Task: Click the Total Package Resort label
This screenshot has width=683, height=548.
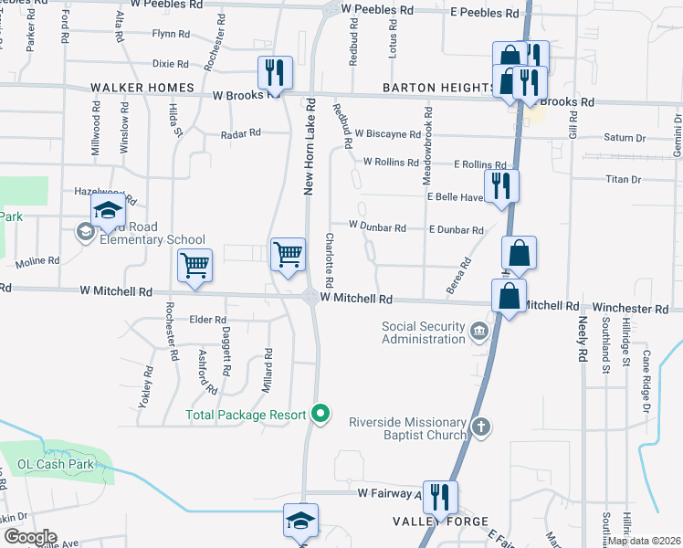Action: click(246, 415)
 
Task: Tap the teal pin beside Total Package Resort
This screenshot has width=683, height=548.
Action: click(320, 415)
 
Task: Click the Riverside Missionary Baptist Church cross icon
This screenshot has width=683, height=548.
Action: click(481, 427)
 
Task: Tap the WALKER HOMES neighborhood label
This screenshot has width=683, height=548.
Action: click(142, 88)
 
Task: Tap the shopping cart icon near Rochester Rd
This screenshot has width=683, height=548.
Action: click(194, 265)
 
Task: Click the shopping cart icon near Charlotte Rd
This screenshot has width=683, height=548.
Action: click(289, 253)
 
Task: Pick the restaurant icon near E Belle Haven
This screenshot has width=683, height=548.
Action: click(501, 184)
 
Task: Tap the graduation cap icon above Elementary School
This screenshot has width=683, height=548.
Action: click(108, 211)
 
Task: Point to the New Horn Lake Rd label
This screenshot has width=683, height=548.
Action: click(310, 146)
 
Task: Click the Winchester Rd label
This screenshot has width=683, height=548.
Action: click(629, 308)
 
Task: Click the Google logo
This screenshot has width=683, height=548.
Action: click(29, 537)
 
